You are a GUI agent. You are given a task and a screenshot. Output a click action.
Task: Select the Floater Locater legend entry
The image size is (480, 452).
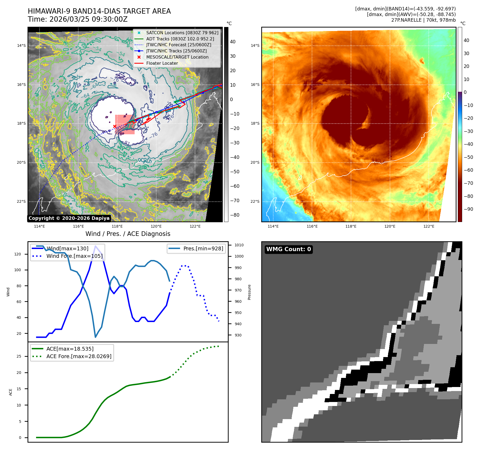pyautogui.click(x=162, y=63)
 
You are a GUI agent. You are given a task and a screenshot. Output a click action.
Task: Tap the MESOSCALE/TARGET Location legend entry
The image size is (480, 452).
pyautogui.click(x=177, y=57)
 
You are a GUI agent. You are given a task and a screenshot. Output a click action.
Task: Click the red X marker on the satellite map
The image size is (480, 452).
pyautogui.click(x=115, y=127)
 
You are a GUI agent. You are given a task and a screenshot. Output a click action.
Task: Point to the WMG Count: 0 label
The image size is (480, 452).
pyautogui.click(x=288, y=249)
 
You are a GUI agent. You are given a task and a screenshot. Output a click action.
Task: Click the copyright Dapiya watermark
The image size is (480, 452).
pyautogui.click(x=69, y=218)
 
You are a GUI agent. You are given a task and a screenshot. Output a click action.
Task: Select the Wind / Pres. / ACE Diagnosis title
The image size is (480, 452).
pyautogui.click(x=128, y=234)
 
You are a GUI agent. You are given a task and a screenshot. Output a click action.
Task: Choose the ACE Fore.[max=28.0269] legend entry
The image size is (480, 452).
pyautogui.click(x=79, y=356)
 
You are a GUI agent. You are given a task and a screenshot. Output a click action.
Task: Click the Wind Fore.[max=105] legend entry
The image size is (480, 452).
pyautogui.click(x=74, y=256)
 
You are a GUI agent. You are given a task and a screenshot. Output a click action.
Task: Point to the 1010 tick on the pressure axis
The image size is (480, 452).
pyautogui.click(x=239, y=245)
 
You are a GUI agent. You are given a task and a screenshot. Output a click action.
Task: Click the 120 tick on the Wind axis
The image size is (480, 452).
pyautogui.click(x=18, y=254)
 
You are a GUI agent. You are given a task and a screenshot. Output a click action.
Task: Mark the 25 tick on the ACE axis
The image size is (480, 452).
pyautogui.click(x=19, y=356)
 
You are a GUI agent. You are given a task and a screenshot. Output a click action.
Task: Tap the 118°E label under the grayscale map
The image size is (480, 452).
pyautogui.click(x=117, y=226)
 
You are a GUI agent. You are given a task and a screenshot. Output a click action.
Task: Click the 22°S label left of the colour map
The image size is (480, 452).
pyautogui.click(x=255, y=201)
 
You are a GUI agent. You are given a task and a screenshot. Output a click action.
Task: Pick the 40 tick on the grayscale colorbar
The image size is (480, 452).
pyautogui.click(x=233, y=42)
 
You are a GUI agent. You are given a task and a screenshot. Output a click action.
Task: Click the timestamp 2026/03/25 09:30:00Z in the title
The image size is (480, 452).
pyautogui.click(x=88, y=19)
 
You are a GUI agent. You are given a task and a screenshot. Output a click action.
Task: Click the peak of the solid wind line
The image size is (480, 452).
pyautogui.click(x=95, y=246)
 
